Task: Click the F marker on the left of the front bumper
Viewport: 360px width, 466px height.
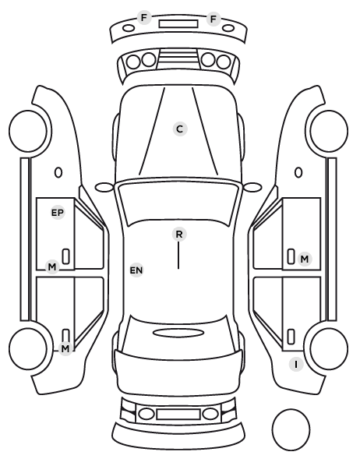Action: pyautogui.click(x=144, y=18)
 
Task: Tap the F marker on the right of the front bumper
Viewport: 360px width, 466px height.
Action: pyautogui.click(x=214, y=19)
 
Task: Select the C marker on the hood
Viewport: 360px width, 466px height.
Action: pyautogui.click(x=180, y=129)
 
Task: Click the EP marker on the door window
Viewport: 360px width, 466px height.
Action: pyautogui.click(x=58, y=213)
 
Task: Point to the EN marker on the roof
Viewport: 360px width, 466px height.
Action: pyautogui.click(x=136, y=270)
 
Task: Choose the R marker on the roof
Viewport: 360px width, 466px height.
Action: pyautogui.click(x=179, y=235)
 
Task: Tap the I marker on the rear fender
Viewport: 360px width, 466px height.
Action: pyautogui.click(x=296, y=364)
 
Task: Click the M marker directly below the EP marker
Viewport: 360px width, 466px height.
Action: pyautogui.click(x=52, y=267)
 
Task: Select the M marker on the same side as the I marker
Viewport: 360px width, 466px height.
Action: pyautogui.click(x=305, y=259)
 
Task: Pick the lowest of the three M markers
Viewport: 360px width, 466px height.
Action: pyautogui.click(x=65, y=348)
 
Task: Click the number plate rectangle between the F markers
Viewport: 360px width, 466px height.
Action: pyautogui.click(x=178, y=24)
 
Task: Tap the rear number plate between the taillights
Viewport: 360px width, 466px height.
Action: pyautogui.click(x=178, y=414)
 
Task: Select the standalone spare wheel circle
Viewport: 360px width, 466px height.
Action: pyautogui.click(x=291, y=430)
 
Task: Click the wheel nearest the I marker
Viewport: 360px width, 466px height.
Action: pyautogui.click(x=329, y=348)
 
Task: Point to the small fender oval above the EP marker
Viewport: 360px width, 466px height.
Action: pyautogui.click(x=58, y=172)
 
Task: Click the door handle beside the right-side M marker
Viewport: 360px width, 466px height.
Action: pyautogui.click(x=291, y=256)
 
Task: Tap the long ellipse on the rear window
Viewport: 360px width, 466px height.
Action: pyautogui.click(x=178, y=333)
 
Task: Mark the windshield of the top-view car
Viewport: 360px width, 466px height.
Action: pyautogui.click(x=178, y=202)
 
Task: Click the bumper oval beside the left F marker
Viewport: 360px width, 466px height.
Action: pyautogui.click(x=129, y=28)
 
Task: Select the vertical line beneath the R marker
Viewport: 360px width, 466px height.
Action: pyautogui.click(x=178, y=256)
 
